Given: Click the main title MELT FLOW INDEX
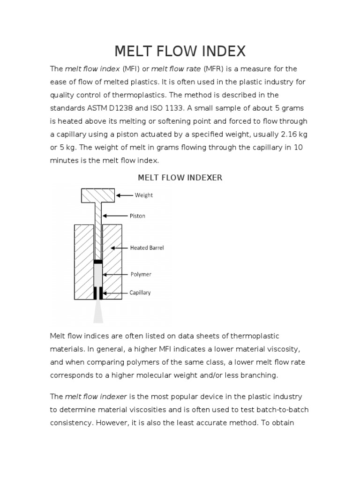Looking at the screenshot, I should (x=180, y=51).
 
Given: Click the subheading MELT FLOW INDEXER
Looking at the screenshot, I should (x=180, y=178).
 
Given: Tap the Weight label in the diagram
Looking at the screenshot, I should (x=143, y=195).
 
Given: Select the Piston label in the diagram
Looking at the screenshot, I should (x=137, y=216).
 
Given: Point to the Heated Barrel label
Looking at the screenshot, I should (x=147, y=247).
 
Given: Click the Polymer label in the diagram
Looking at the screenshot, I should (x=140, y=274).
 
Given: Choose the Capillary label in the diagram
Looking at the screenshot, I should (x=140, y=293).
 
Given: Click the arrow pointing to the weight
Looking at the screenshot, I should (x=124, y=195).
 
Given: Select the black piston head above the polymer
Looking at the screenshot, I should (x=98, y=261).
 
